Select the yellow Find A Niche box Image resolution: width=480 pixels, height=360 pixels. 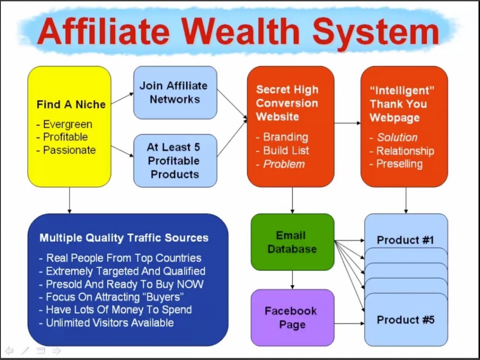pyautogui.click(x=70, y=126)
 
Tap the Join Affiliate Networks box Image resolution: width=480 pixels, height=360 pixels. pyautogui.click(x=175, y=93)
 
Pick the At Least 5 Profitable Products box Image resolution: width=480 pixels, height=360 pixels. pyautogui.click(x=175, y=160)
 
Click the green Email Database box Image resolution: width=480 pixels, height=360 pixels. pyautogui.click(x=292, y=242)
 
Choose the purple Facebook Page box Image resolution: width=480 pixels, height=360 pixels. pyautogui.click(x=292, y=318)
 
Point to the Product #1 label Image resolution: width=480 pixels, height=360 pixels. pyautogui.click(x=405, y=240)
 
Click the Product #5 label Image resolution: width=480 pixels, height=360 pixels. pyautogui.click(x=405, y=320)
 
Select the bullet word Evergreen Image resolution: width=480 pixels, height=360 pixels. pyautogui.click(x=68, y=124)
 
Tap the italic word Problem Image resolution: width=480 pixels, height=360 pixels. pyautogui.click(x=284, y=164)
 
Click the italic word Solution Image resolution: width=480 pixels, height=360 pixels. pyautogui.click(x=397, y=137)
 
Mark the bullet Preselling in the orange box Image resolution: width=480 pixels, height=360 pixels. pyautogui.click(x=399, y=164)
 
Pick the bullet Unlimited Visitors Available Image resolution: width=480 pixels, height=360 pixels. pyautogui.click(x=110, y=323)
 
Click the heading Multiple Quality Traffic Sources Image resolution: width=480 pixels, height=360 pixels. pyautogui.click(x=124, y=238)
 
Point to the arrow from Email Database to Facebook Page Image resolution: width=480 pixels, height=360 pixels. pyautogui.click(x=292, y=280)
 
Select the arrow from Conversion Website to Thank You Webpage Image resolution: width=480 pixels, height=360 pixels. pyautogui.click(x=348, y=123)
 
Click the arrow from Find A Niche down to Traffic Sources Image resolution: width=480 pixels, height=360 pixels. pyautogui.click(x=70, y=200)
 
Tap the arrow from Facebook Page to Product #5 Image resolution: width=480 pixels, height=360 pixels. pyautogui.click(x=349, y=323)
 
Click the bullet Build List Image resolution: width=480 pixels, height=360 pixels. pyautogui.click(x=286, y=151)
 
